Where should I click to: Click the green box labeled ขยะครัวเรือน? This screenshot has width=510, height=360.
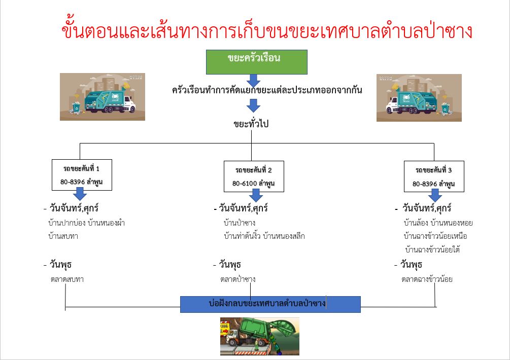click(257, 62)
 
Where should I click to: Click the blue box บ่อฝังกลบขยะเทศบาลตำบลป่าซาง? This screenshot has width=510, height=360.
click(270, 304)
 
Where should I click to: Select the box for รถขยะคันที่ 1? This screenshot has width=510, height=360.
click(82, 175)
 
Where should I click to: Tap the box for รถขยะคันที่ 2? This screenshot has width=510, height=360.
click(254, 176)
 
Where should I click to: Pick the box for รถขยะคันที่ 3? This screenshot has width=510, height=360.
click(434, 176)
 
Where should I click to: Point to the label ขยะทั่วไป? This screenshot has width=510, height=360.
click(251, 124)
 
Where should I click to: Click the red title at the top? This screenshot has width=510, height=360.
click(267, 31)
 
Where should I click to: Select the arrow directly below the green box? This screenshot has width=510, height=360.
click(253, 80)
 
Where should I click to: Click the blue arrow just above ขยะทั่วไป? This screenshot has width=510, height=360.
click(253, 105)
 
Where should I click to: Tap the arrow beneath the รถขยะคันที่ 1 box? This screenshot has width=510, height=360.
click(80, 194)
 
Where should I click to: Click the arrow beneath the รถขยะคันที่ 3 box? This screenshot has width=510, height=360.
click(435, 195)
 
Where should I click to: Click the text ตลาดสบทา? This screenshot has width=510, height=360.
click(67, 279)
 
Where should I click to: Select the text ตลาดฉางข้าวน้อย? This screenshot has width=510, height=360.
click(427, 279)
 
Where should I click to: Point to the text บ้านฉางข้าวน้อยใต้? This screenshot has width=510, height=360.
click(432, 250)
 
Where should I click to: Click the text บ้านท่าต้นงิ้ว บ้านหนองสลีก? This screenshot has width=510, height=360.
click(264, 236)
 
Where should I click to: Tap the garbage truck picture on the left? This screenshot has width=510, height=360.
click(103, 97)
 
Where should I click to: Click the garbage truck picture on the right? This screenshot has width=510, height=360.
click(419, 98)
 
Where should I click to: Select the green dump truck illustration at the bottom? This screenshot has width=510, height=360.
click(259, 336)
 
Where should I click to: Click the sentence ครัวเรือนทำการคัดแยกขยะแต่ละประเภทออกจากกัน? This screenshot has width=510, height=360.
click(267, 90)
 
